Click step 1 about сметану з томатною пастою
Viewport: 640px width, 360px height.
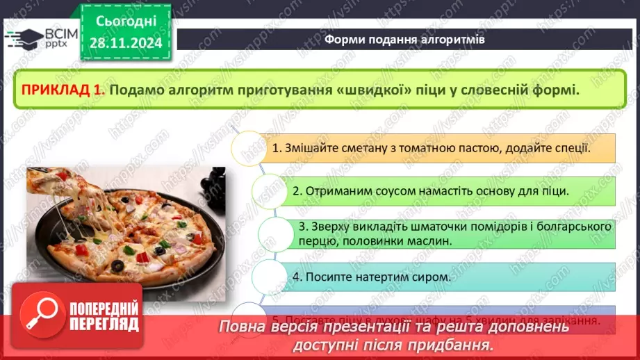click(x=431, y=148)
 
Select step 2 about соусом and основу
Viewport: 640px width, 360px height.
click(x=431, y=190)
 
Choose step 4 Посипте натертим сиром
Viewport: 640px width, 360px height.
click(x=372, y=277)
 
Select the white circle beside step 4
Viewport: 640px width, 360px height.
click(x=270, y=277)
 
